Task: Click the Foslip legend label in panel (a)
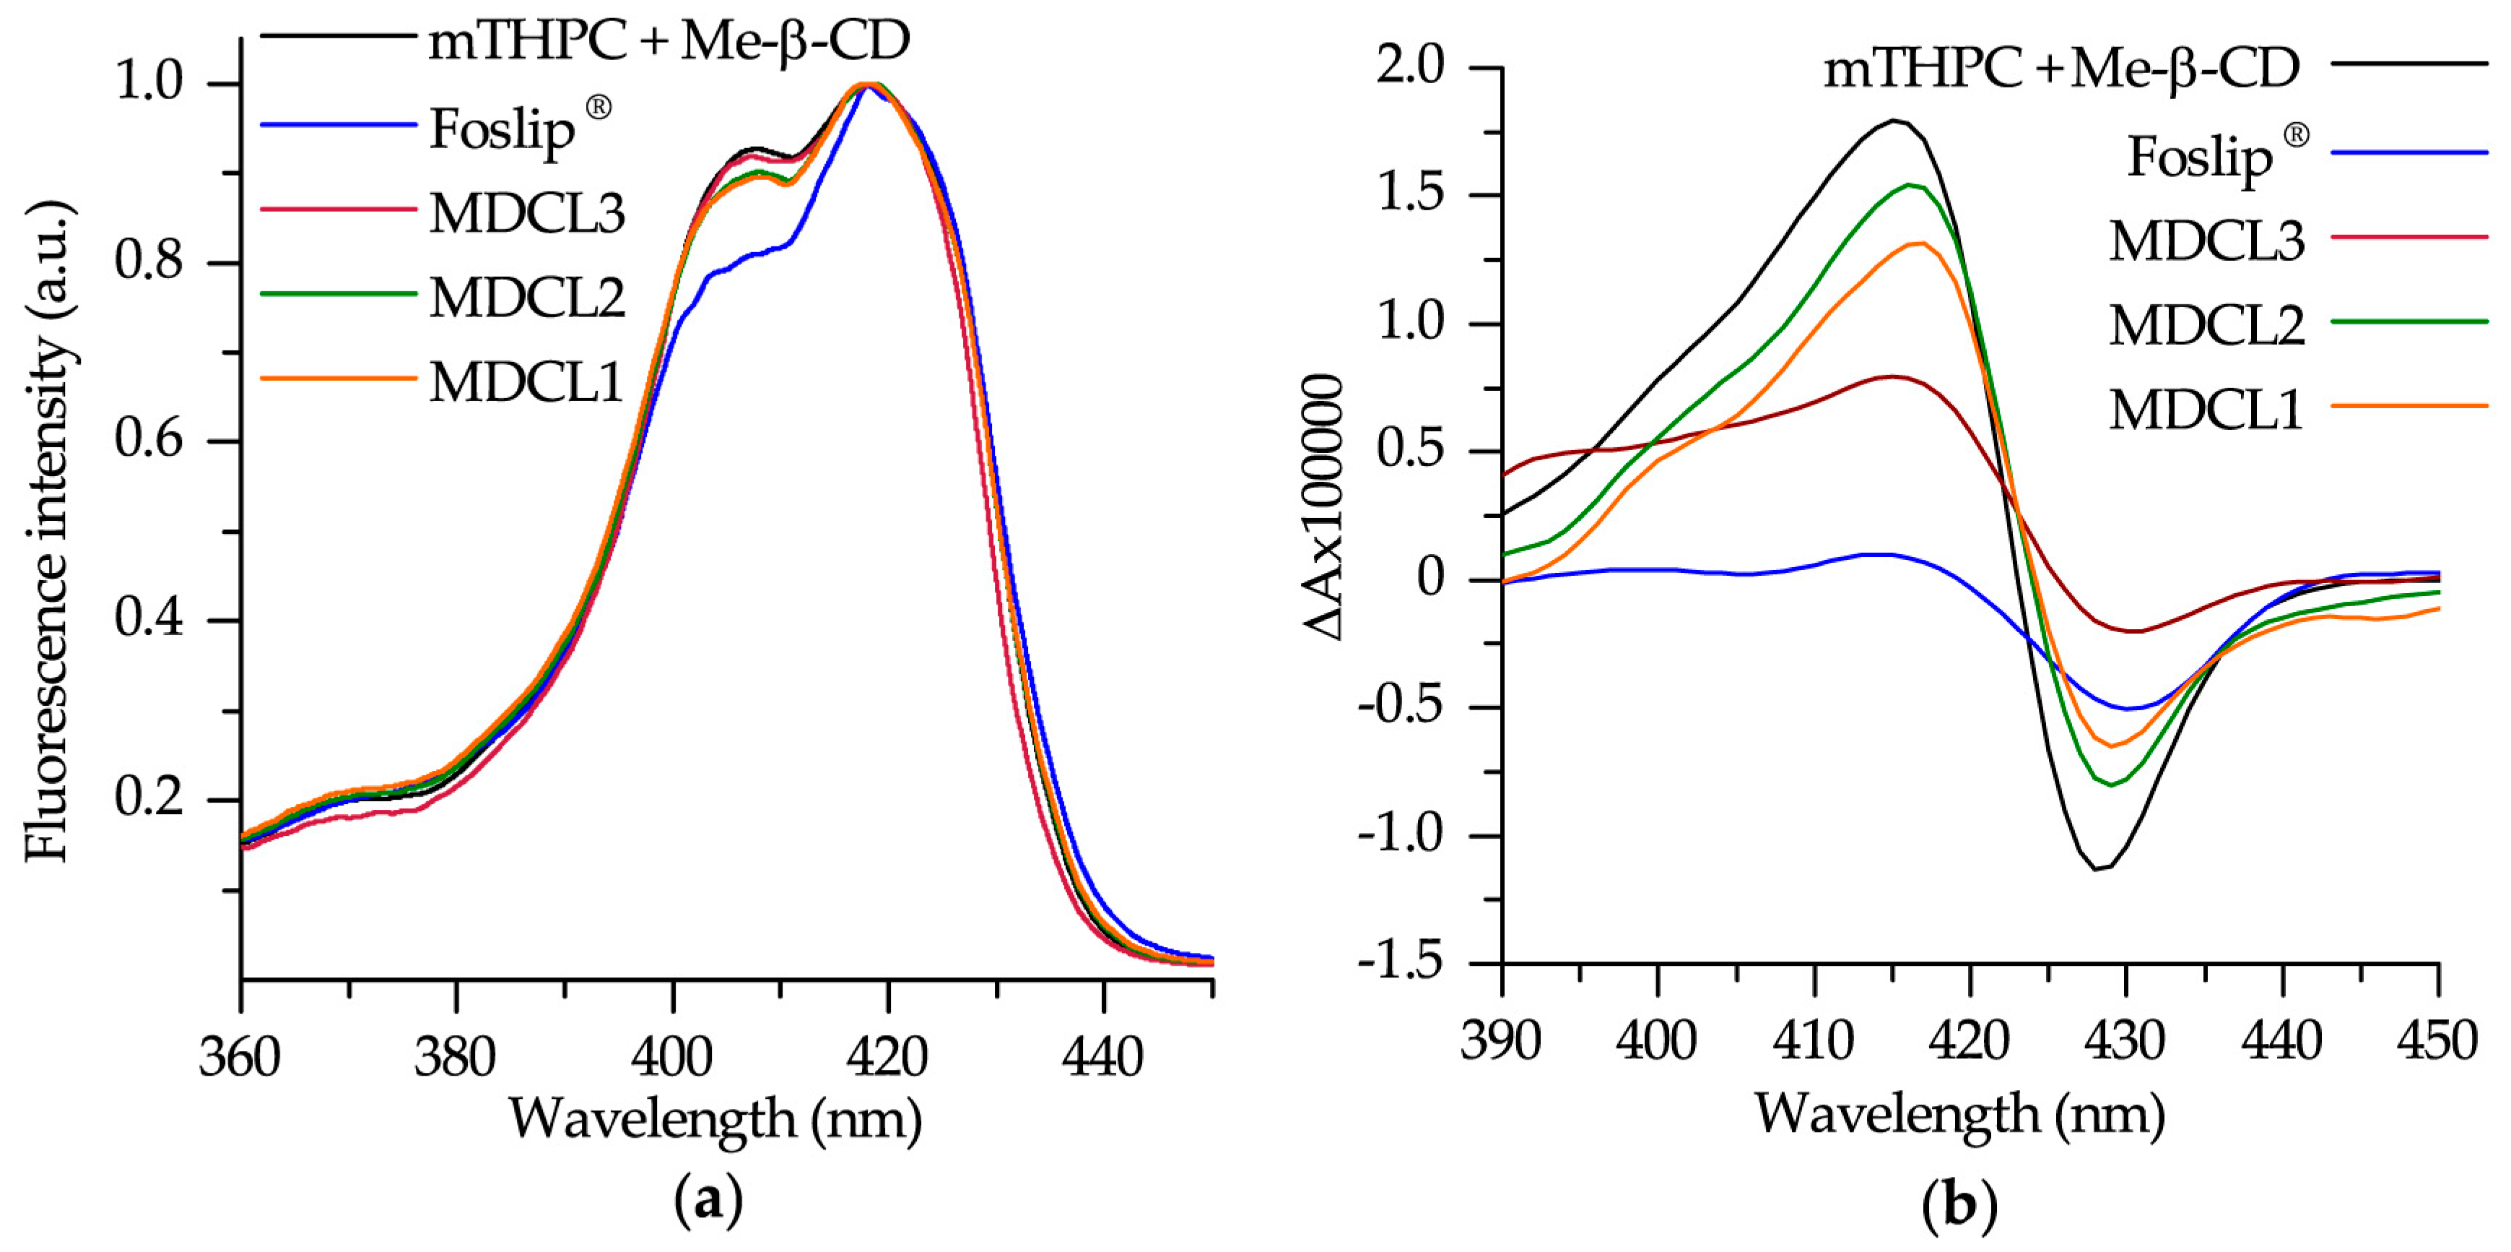pyautogui.click(x=503, y=129)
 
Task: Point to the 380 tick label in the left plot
pyautogui.click(x=456, y=1058)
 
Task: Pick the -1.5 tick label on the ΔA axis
pyautogui.click(x=1398, y=962)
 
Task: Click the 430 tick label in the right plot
pyautogui.click(x=2125, y=1041)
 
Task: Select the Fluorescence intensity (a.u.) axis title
pyautogui.click(x=49, y=532)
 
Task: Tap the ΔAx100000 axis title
pyautogui.click(x=1326, y=508)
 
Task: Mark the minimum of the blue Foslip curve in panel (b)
pyautogui.click(x=2128, y=708)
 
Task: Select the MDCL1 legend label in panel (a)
pyautogui.click(x=526, y=381)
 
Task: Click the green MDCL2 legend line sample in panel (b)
pyautogui.click(x=2408, y=321)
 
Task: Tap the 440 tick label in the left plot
pyautogui.click(x=1102, y=1058)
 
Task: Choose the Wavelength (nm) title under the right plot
pyautogui.click(x=1959, y=1113)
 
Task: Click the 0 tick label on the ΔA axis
pyautogui.click(x=1430, y=578)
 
